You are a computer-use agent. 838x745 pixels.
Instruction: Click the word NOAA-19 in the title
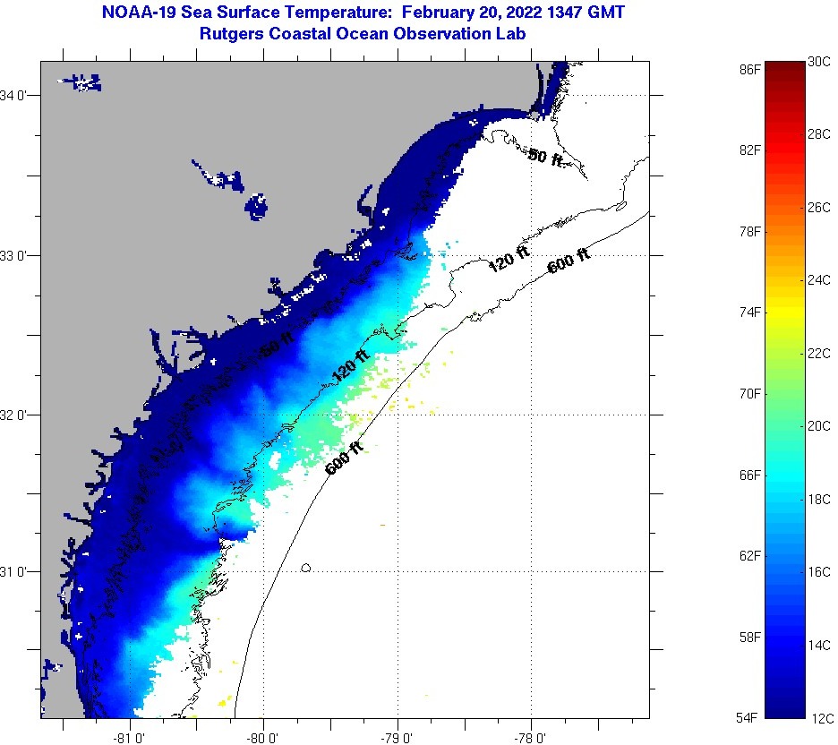(x=136, y=13)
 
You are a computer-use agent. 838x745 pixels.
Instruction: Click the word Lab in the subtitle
(x=511, y=33)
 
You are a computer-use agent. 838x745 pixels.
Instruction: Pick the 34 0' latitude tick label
(x=18, y=96)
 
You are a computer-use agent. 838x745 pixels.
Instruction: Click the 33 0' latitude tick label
(x=18, y=256)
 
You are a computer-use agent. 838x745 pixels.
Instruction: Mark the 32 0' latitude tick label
(x=18, y=415)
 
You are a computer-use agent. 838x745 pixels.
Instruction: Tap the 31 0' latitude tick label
(x=18, y=571)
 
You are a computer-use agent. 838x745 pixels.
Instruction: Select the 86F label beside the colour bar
(x=750, y=69)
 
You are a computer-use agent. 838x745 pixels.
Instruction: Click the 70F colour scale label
(x=750, y=394)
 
